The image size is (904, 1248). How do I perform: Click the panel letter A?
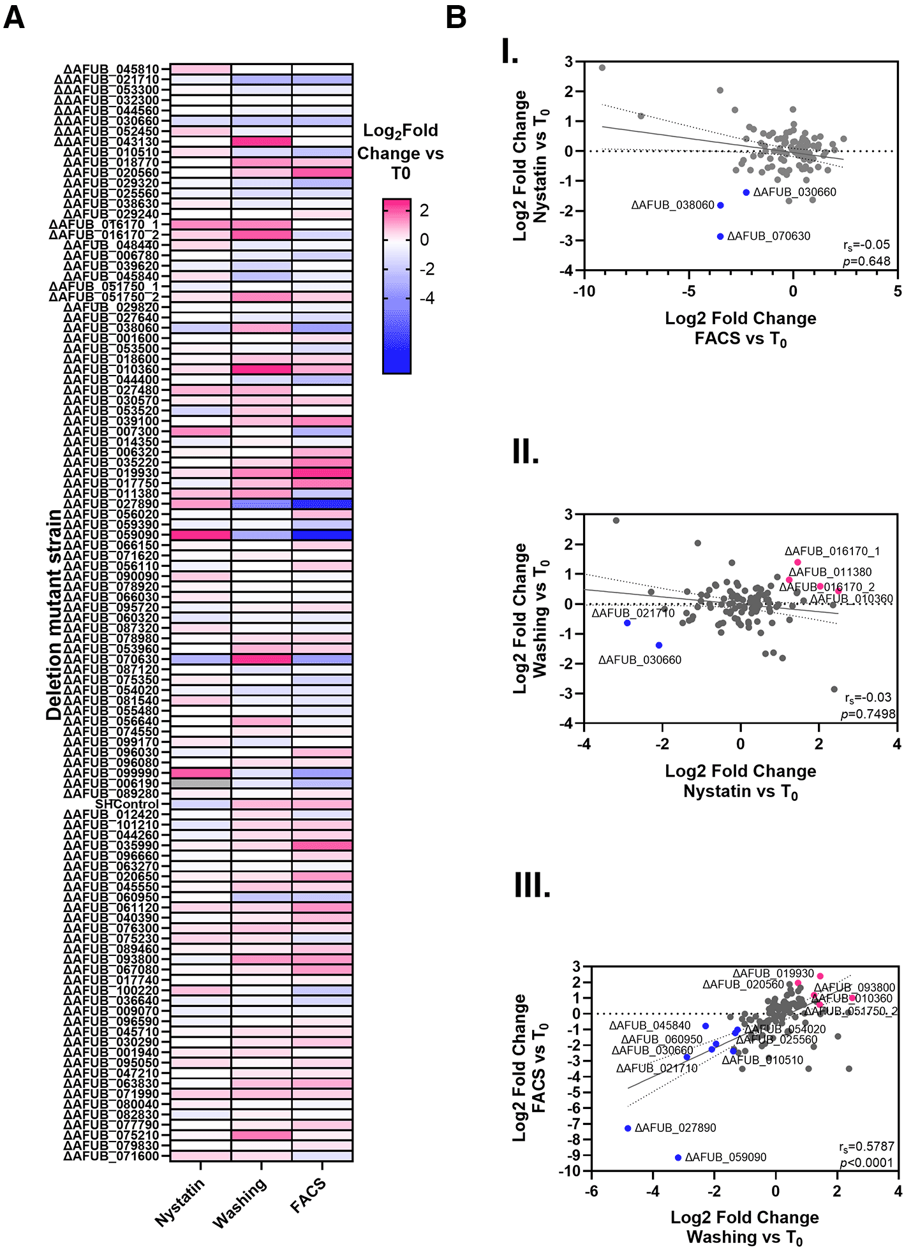click(14, 17)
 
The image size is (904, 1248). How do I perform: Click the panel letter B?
click(456, 17)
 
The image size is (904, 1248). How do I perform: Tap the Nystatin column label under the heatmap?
click(181, 1201)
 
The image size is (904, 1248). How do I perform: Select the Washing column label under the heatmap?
click(240, 1203)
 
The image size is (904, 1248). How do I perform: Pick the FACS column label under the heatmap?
click(308, 1195)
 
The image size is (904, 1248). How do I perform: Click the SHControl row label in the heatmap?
click(127, 804)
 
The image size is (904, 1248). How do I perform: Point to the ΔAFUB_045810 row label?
click(112, 69)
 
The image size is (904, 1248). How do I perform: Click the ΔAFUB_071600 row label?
click(112, 1156)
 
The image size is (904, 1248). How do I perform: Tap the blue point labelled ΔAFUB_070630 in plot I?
click(720, 237)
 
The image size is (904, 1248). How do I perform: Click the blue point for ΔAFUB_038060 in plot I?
click(720, 205)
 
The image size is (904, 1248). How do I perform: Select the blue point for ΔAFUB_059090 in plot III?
click(678, 1157)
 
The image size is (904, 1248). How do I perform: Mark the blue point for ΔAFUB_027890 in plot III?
click(628, 1128)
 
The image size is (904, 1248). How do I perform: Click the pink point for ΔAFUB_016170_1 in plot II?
click(797, 562)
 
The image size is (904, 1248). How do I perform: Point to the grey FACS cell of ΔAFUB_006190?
click(200, 783)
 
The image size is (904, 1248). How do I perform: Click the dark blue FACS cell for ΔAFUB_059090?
click(322, 535)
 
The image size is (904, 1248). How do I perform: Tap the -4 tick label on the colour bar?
click(427, 298)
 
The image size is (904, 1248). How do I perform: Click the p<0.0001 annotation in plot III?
click(866, 1163)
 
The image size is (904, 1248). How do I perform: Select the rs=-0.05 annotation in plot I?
click(866, 245)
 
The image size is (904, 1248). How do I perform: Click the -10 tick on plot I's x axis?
click(584, 291)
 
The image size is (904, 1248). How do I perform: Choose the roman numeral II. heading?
click(526, 452)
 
